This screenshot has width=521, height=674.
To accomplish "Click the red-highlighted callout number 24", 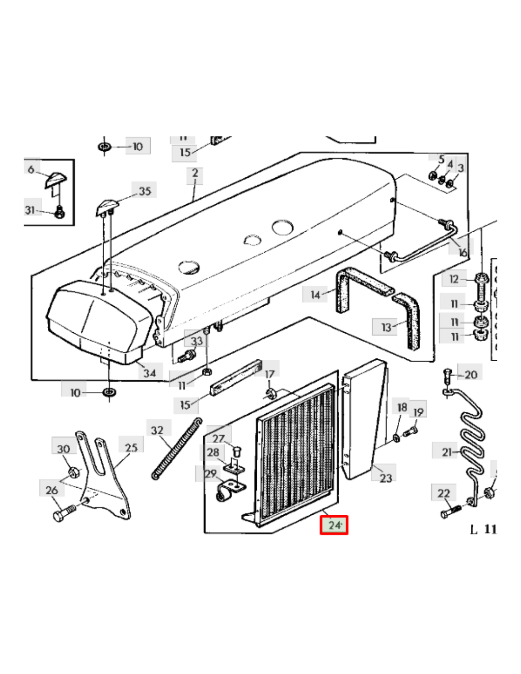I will [x=334, y=525].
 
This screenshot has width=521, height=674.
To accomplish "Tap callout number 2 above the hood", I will [x=195, y=173].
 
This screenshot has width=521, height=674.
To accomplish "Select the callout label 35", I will [x=144, y=191].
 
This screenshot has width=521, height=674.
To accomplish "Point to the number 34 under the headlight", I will [x=150, y=373].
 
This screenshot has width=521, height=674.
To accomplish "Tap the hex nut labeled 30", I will [x=73, y=472].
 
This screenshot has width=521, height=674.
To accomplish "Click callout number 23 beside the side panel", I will [x=386, y=478].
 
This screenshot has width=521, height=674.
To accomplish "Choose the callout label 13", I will [x=386, y=327].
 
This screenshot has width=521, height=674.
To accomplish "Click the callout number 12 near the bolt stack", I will [x=454, y=279].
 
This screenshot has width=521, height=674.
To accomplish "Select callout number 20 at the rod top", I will [x=470, y=375].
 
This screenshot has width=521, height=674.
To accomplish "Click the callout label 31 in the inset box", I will [x=30, y=209].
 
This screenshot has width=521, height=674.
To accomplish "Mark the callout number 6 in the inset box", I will [x=31, y=169].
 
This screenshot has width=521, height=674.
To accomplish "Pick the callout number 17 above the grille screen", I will [x=269, y=374].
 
